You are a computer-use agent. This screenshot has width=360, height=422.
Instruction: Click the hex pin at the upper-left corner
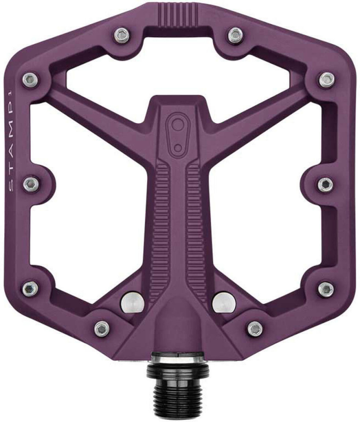click(x=29, y=79)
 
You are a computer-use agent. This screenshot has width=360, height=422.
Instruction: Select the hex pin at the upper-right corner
click(x=326, y=80)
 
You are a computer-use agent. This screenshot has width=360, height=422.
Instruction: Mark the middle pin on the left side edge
click(x=30, y=183)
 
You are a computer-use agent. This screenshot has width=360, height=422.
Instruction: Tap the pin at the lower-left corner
click(x=29, y=288)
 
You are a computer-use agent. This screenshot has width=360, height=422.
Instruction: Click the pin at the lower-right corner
click(x=326, y=288)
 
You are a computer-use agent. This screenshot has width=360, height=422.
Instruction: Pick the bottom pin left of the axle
click(x=102, y=327)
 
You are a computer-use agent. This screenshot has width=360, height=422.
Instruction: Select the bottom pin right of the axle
click(x=254, y=327)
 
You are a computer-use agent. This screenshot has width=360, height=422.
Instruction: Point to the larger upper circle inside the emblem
click(x=177, y=125)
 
